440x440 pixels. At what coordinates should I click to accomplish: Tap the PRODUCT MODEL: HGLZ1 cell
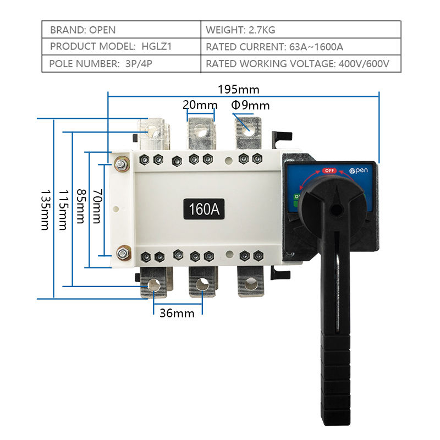click(111, 47)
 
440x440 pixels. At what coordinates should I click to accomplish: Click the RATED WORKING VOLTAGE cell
click(298, 63)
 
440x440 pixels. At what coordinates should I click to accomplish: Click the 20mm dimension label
click(200, 105)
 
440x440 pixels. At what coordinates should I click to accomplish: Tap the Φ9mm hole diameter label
click(250, 105)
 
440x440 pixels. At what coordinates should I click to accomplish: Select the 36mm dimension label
click(177, 313)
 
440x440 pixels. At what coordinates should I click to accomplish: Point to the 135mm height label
click(46, 210)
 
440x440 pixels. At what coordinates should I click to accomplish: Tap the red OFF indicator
click(329, 170)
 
